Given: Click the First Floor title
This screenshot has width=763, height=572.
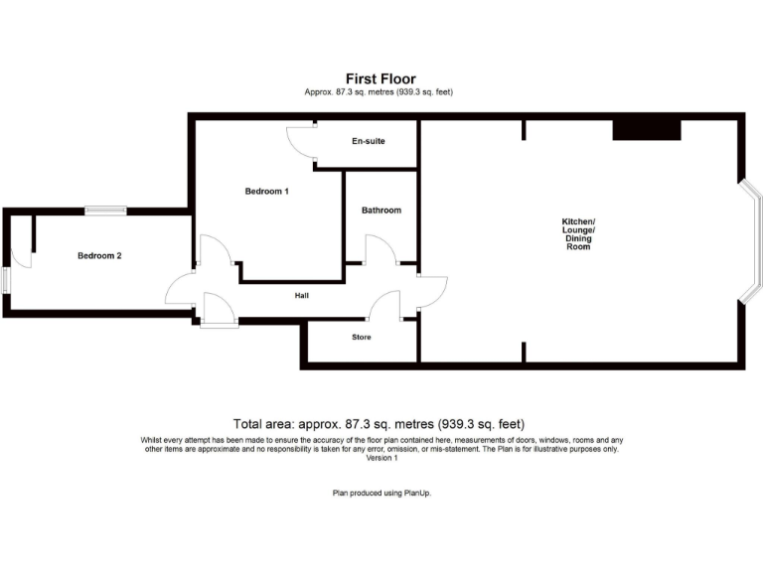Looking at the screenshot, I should point(381,78).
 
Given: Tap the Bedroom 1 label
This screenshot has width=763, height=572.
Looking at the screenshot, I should point(266,191).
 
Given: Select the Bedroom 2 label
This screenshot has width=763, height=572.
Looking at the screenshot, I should point(99,255).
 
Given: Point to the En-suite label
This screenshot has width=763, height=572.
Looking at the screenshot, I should point(369,142).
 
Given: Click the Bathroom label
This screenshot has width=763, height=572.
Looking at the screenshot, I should point(381,211).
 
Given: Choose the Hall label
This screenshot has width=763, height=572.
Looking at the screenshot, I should point(302,296).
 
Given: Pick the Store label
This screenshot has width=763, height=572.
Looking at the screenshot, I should point(361,338).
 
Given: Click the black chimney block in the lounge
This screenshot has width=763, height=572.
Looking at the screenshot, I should point(646,129).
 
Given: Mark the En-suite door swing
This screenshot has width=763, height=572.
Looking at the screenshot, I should point(300,141).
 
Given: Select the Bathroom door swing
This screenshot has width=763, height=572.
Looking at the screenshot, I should point(381,250).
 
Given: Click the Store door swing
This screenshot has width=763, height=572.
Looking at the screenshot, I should point(385,306).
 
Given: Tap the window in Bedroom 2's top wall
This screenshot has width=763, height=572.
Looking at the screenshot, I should point(105,210).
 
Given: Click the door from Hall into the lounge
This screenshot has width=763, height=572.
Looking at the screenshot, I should point(433,290).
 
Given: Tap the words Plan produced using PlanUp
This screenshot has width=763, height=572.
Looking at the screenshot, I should point(381,494).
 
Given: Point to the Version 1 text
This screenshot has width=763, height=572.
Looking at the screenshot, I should point(381,458).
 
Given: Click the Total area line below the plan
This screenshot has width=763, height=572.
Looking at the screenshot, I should point(379,424).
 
